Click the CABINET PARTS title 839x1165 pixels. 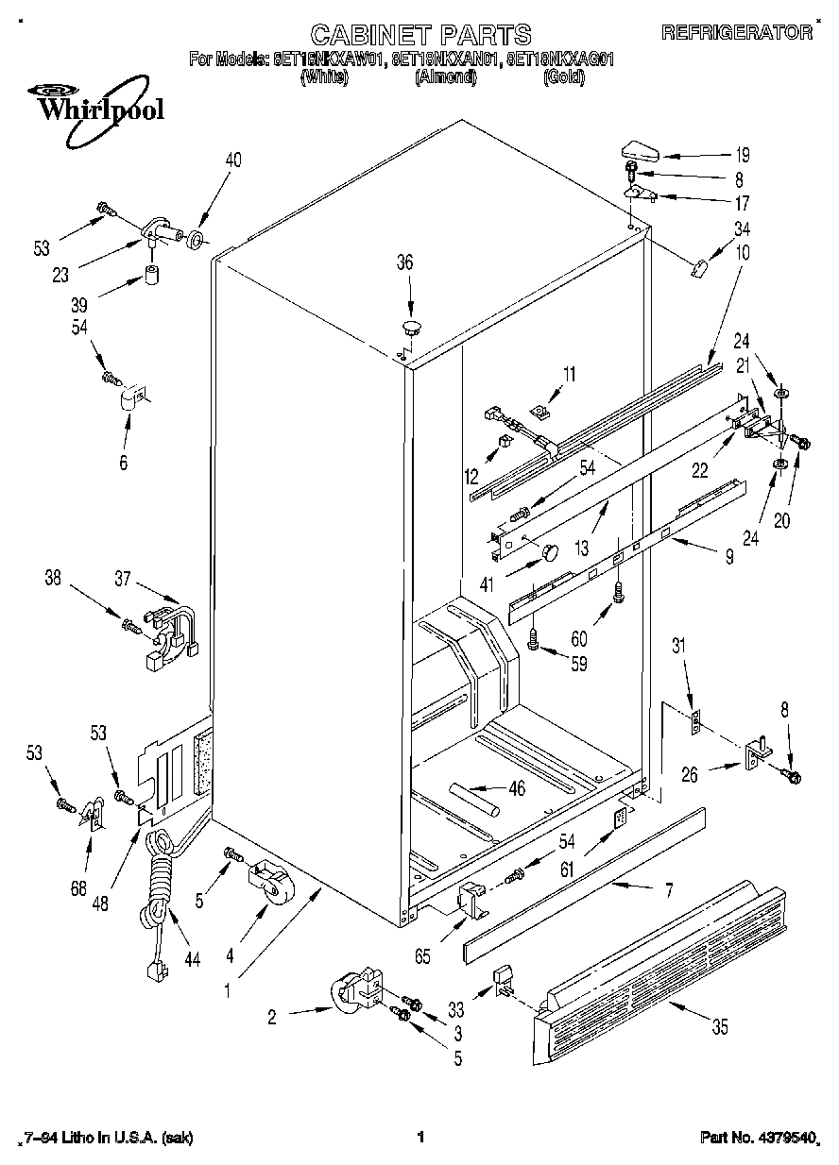click(420, 36)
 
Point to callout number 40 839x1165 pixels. click(232, 160)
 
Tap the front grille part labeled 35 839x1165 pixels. click(661, 968)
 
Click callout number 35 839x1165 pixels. click(721, 1027)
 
